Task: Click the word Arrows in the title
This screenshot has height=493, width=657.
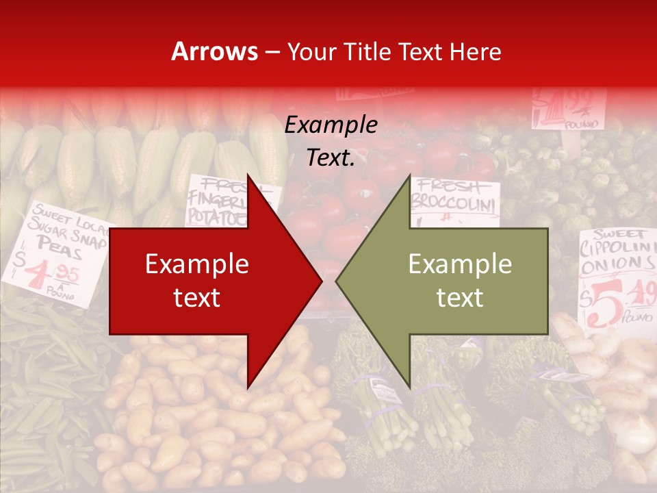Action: coord(215,51)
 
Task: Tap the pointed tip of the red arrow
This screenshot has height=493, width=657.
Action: coord(320,281)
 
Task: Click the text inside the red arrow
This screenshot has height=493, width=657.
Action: coord(197,281)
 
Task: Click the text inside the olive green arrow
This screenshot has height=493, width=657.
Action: coord(460,281)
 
